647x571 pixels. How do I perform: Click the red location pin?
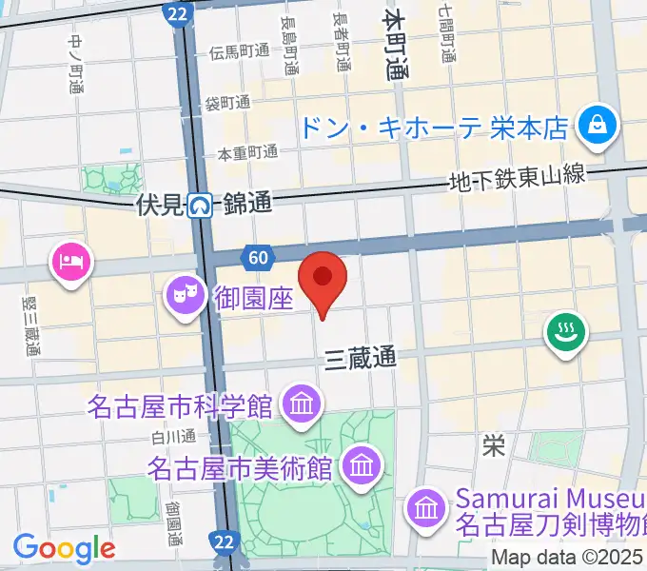[x=323, y=278]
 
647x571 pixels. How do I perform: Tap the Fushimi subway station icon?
[x=200, y=205]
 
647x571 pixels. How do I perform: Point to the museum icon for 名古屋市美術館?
[x=362, y=465]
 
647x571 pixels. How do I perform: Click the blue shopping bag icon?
[x=599, y=126]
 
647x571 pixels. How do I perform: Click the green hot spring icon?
[x=565, y=333]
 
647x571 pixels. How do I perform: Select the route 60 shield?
[x=258, y=256]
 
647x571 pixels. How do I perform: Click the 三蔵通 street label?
[x=360, y=359]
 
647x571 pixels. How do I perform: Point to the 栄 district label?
[x=493, y=445]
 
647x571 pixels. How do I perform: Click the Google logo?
[x=64, y=547]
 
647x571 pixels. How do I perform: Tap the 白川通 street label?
[x=173, y=437]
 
